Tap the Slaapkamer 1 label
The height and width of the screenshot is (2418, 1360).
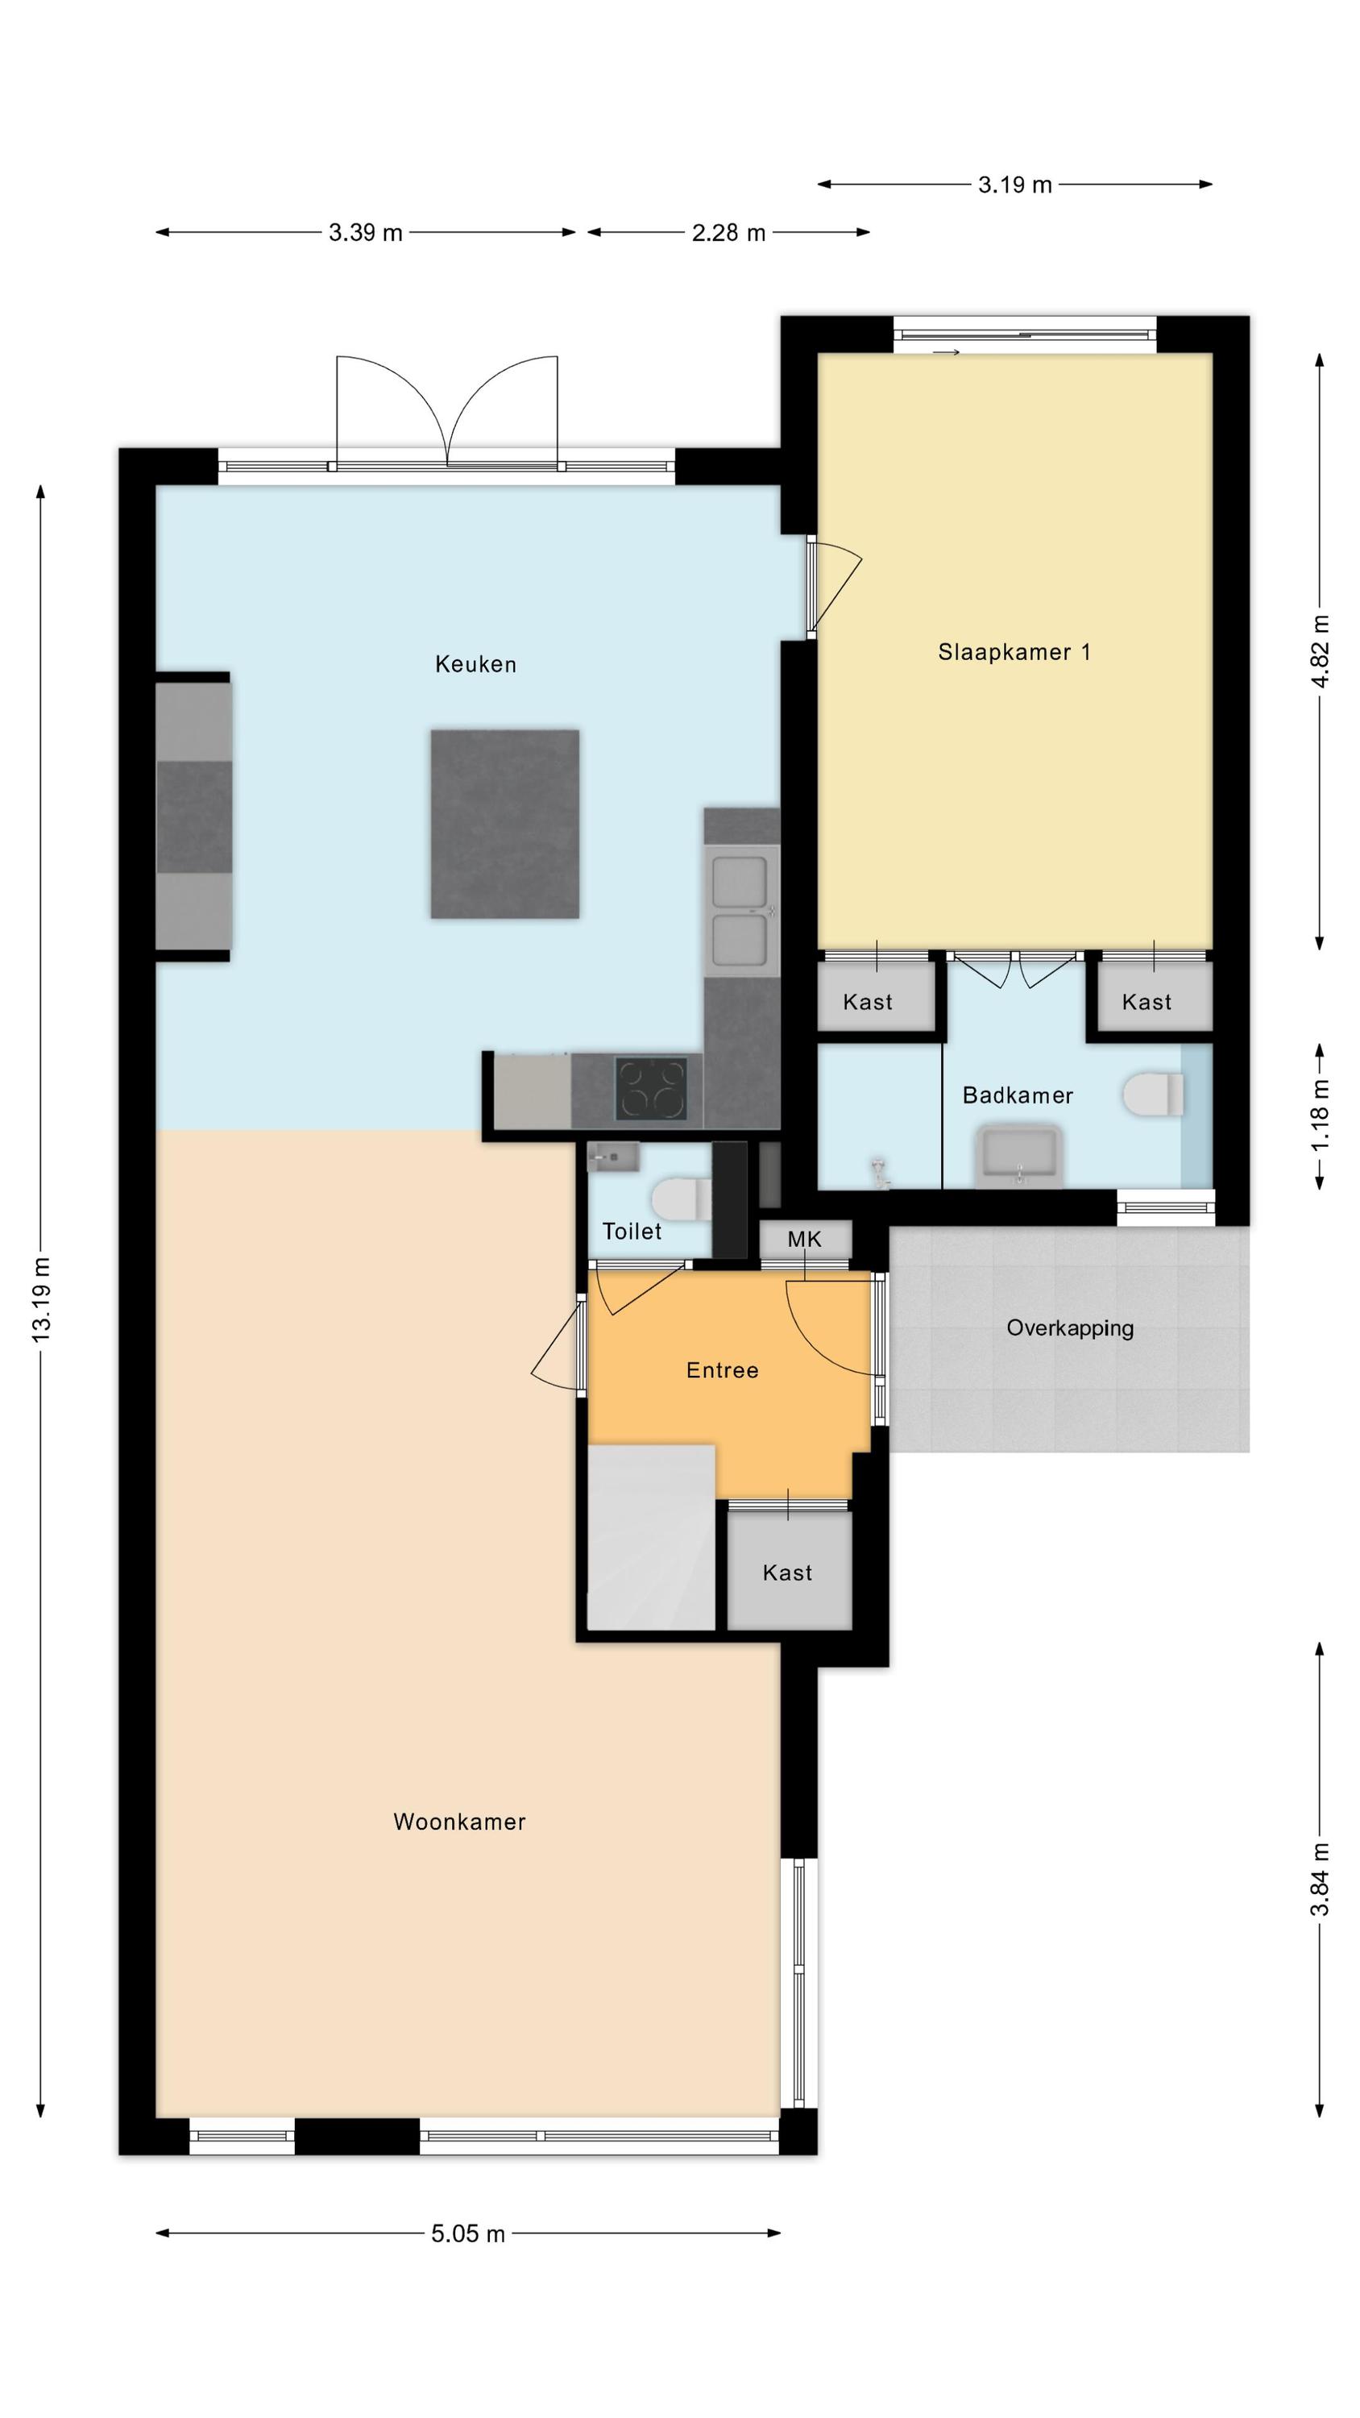point(1014,652)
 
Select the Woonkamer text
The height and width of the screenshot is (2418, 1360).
point(459,1822)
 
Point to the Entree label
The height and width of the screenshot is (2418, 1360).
point(722,1370)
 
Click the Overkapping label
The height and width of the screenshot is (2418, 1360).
point(1070,1328)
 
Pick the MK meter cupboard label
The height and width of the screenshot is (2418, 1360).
point(804,1239)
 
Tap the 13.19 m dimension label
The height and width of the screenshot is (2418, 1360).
point(41,1300)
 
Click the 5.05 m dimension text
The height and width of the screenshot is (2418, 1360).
point(467,2233)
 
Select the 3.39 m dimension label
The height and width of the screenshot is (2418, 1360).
point(365,232)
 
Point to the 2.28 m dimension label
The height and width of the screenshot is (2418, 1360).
point(728,232)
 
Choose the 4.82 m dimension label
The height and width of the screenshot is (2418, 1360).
point(1321,651)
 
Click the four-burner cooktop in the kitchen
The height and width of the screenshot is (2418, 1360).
point(650,1088)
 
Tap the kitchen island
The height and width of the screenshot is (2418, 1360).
point(505,825)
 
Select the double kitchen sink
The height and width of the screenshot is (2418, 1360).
point(740,911)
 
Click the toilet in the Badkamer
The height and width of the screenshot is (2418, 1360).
point(1153,1095)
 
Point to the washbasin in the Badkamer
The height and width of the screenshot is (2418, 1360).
point(1019,1157)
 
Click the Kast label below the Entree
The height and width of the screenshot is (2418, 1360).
point(786,1573)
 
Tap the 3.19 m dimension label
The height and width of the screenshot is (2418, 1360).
point(1014,185)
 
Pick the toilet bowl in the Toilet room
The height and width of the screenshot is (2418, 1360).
point(682,1199)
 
